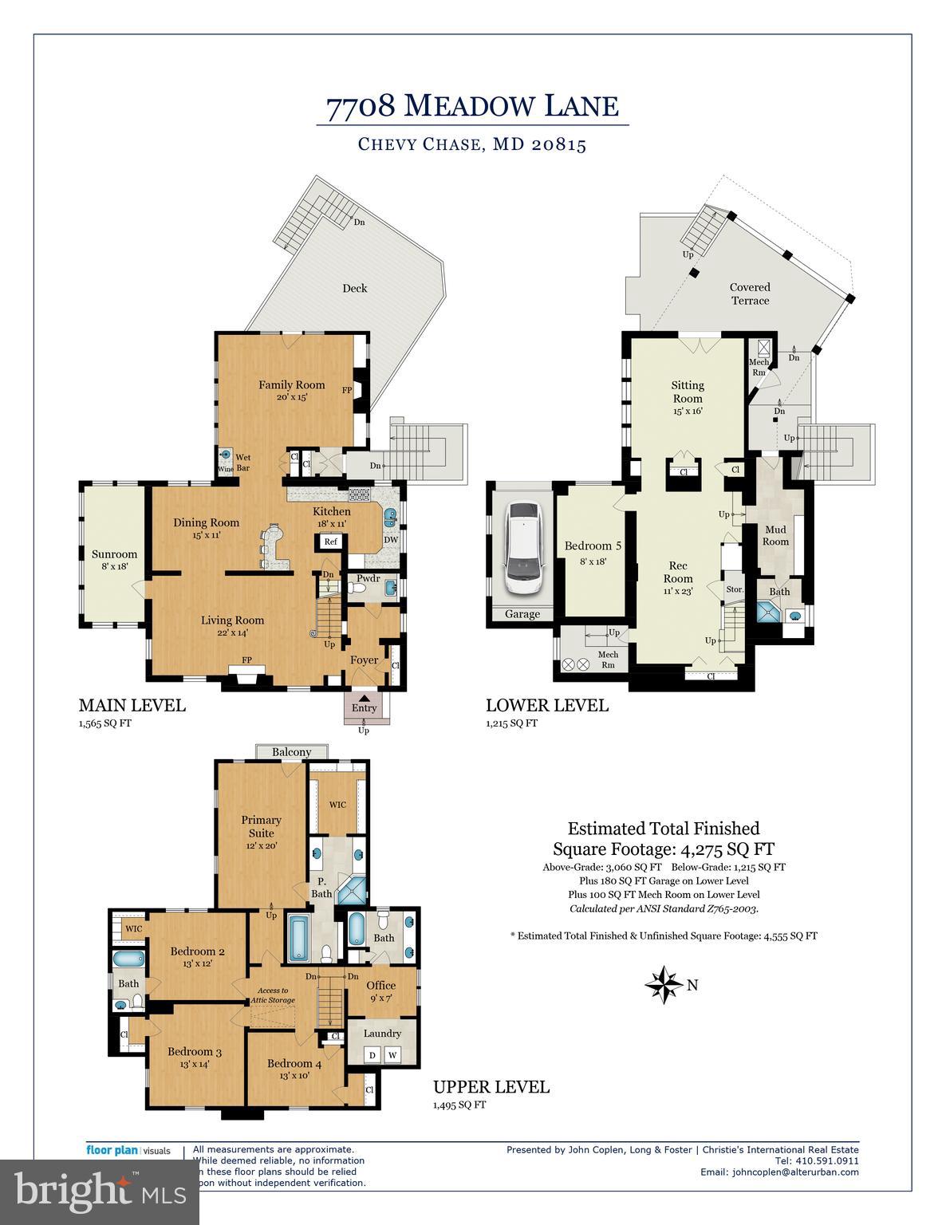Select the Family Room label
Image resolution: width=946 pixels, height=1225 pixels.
[x=291, y=385]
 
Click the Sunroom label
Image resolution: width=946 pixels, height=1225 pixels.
[x=114, y=554]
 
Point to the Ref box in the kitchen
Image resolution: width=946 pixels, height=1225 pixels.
[x=330, y=542]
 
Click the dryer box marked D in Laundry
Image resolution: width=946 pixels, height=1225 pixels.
[x=372, y=1055]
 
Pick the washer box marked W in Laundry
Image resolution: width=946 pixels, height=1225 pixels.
[x=392, y=1055]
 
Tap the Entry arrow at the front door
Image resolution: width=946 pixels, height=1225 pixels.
[x=364, y=699]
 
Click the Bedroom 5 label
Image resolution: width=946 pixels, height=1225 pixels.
[x=593, y=546]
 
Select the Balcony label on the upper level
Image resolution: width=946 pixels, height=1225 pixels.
[x=291, y=752]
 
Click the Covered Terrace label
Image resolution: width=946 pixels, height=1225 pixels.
[x=750, y=293]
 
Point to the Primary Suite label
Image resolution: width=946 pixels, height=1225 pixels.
[x=261, y=826]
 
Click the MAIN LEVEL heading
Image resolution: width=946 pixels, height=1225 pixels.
[x=132, y=705]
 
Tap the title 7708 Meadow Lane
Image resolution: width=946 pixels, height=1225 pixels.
[x=472, y=106]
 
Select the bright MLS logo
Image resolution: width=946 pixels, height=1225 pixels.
[x=100, y=1192]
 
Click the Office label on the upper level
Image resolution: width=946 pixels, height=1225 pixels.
[x=380, y=986]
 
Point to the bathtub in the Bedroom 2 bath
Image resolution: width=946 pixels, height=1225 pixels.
[x=128, y=959]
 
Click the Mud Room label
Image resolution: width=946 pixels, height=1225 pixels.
[x=775, y=535]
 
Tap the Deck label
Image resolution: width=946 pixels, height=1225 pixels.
[x=354, y=288]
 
